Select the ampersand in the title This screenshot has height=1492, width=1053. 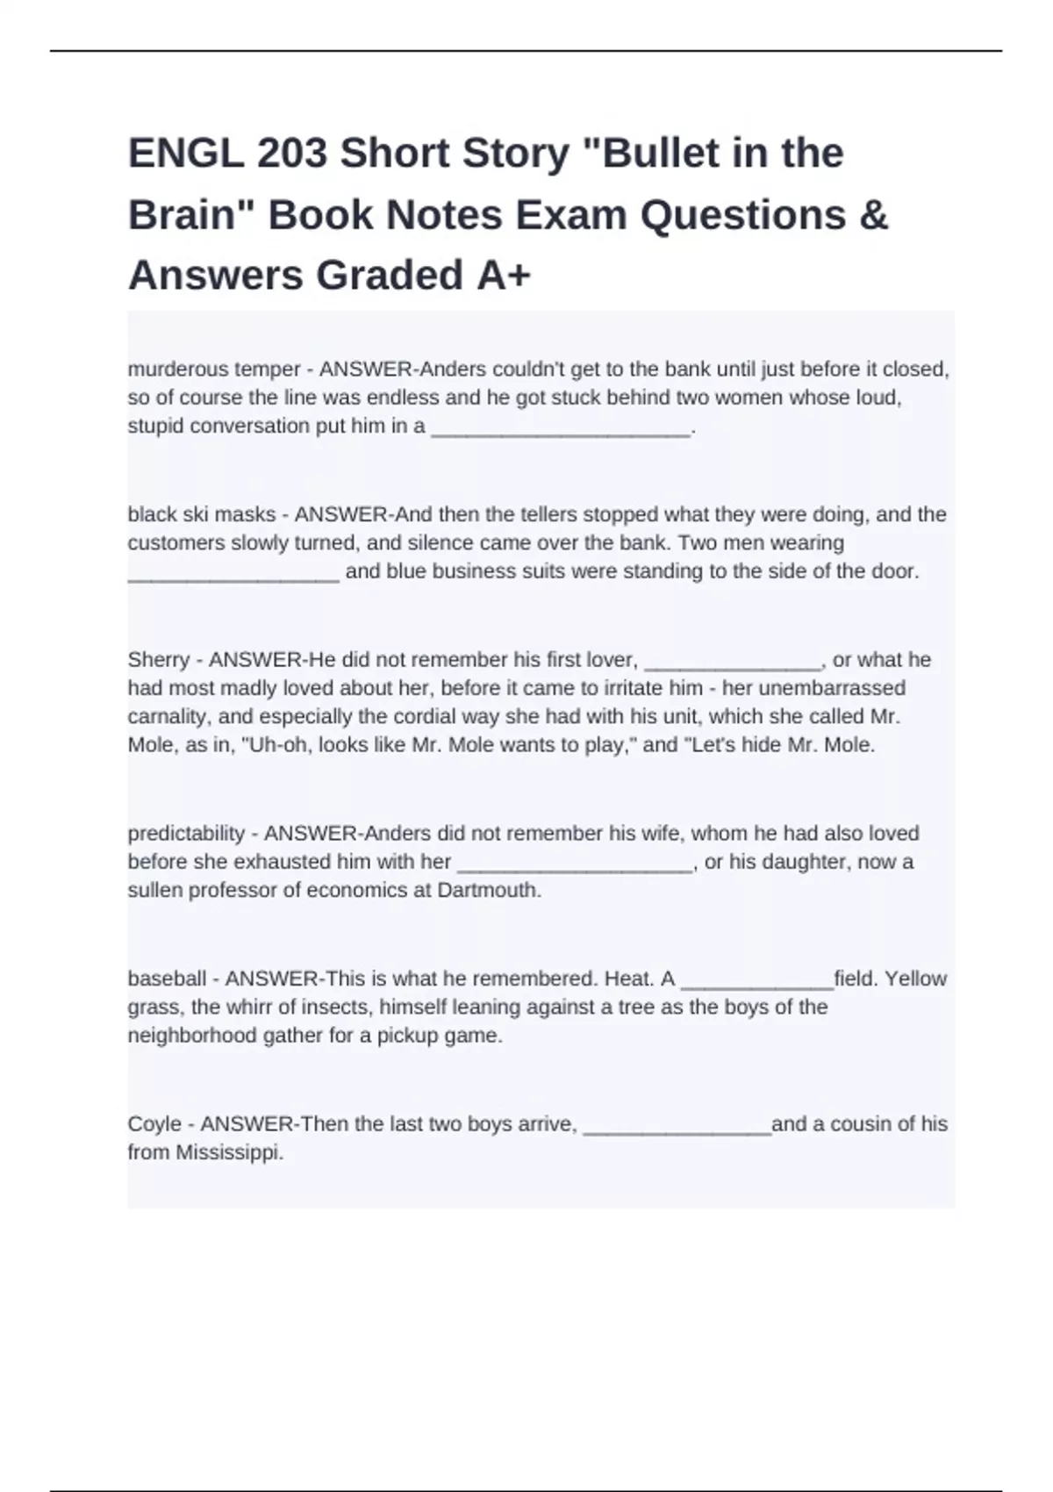[x=874, y=215]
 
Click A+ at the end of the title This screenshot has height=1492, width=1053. [x=505, y=276]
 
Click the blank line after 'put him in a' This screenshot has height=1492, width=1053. [x=561, y=427]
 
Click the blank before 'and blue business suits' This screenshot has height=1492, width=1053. [x=233, y=572]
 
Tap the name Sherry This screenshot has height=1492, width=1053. [x=159, y=660]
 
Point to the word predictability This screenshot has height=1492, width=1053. [x=186, y=834]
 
